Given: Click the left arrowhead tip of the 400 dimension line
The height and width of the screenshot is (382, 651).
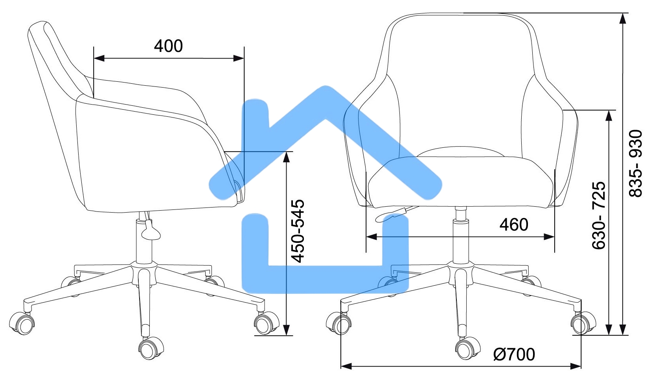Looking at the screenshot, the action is click(x=94, y=58).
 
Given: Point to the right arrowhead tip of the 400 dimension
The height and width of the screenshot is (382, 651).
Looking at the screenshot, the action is click(x=244, y=58).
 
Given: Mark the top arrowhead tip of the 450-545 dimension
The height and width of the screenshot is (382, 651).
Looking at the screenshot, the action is click(x=287, y=152).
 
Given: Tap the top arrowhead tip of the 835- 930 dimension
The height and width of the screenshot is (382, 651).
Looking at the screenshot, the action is click(x=622, y=13).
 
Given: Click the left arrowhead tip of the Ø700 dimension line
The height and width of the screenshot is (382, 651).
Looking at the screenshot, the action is click(x=341, y=366).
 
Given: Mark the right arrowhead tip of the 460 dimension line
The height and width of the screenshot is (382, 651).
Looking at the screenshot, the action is click(x=555, y=237).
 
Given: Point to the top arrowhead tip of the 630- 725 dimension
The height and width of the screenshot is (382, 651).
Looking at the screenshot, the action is click(x=609, y=110).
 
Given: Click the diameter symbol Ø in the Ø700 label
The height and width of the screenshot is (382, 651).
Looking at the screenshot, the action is click(x=500, y=354).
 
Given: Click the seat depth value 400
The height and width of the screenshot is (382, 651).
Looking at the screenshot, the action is click(x=168, y=46).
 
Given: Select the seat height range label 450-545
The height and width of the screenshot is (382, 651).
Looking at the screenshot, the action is click(x=298, y=231).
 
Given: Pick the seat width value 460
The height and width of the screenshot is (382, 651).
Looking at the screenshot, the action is click(x=514, y=224).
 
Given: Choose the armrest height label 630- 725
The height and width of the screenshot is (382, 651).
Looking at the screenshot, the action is click(x=599, y=215).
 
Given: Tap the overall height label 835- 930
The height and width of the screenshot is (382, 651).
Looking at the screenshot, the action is click(x=636, y=163).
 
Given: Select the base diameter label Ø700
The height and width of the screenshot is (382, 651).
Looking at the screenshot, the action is click(x=514, y=354).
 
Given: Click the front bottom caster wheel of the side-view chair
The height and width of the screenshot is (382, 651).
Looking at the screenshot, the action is click(x=151, y=348).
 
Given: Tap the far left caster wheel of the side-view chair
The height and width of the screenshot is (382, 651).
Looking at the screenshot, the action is click(x=22, y=323).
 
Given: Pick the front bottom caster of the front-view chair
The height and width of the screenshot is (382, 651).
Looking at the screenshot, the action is click(x=467, y=348).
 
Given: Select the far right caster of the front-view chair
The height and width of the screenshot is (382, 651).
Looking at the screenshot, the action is click(x=583, y=323).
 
